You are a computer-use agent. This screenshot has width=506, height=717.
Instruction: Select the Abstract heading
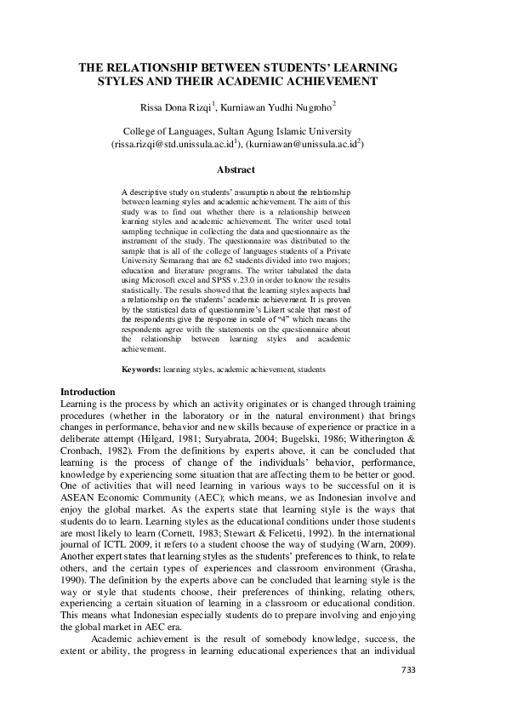click(x=236, y=170)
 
